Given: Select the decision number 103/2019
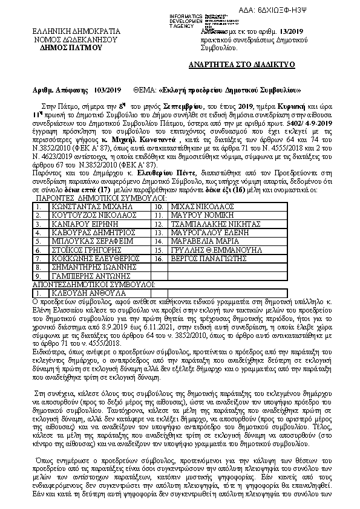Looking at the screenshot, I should click(x=108, y=89).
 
